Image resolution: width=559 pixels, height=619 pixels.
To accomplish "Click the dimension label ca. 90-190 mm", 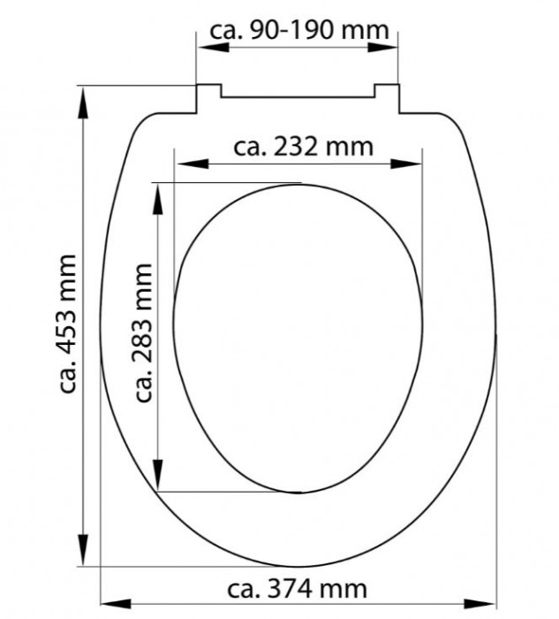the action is point(299,30).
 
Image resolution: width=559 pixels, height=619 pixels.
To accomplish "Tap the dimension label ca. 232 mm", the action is point(303,147).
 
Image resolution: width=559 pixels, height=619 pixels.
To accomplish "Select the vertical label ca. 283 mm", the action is point(143,332).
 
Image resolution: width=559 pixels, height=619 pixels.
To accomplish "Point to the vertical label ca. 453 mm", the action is point(67,325).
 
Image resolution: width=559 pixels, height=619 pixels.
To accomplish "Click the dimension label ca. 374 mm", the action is point(298,589).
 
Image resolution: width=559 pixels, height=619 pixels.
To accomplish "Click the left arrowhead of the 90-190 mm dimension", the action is point(214,48).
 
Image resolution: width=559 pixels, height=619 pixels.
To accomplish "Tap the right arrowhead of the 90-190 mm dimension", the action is point(382,48).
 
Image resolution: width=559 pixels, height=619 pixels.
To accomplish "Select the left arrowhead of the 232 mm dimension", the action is point(193,164).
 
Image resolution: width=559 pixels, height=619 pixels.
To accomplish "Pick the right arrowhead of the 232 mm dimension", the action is point(406,164).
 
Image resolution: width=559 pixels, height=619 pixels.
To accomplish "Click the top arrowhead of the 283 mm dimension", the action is point(158,199).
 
